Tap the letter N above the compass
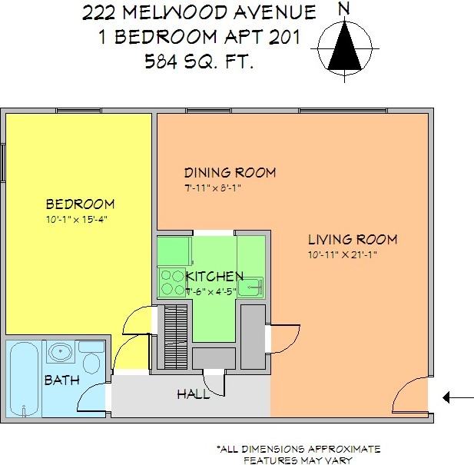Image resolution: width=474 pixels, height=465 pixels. click(x=345, y=9)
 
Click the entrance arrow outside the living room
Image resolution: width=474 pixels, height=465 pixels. click(x=459, y=397)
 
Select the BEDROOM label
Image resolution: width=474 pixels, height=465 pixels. click(x=80, y=204)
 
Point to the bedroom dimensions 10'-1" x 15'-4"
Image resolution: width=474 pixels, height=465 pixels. click(x=80, y=220)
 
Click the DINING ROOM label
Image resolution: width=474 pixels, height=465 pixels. click(x=230, y=172)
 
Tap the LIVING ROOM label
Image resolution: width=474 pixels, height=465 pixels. click(x=353, y=239)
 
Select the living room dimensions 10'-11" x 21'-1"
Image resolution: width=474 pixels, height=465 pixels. click(x=343, y=254)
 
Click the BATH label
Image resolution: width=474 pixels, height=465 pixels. click(x=60, y=380)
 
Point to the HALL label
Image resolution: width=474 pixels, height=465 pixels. click(x=193, y=394)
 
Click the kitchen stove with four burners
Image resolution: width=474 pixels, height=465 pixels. click(x=174, y=281)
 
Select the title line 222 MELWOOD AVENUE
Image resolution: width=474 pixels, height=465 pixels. click(x=199, y=12)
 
